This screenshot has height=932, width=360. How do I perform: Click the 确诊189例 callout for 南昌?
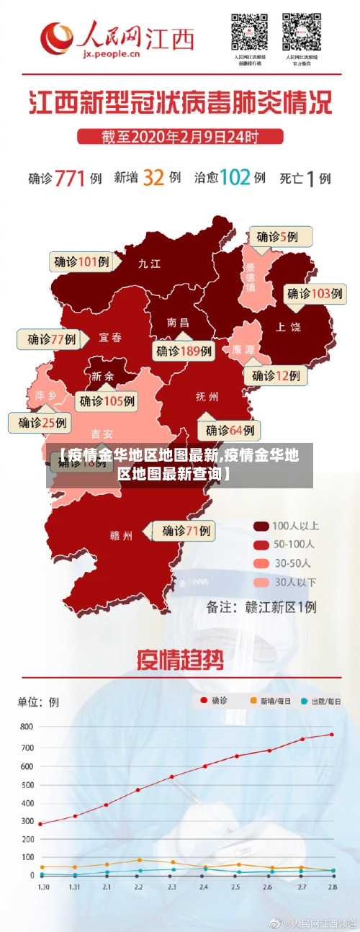(184, 351)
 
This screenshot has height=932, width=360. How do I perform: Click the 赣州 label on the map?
(121, 535)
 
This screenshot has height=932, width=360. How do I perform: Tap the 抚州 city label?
(207, 396)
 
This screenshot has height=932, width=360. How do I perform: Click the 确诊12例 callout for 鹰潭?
(276, 375)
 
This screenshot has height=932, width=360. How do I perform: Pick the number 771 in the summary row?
(71, 178)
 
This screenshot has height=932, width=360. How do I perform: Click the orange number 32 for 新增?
(153, 178)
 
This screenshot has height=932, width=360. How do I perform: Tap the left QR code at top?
(248, 32)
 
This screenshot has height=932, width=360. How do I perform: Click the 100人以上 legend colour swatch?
(261, 526)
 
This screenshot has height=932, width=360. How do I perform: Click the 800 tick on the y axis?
(26, 727)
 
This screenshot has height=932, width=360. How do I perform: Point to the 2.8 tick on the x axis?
(332, 887)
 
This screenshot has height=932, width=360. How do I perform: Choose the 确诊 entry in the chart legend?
(213, 700)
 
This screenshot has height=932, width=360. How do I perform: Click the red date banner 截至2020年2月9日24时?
(180, 136)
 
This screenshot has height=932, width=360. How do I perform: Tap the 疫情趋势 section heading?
(180, 659)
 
